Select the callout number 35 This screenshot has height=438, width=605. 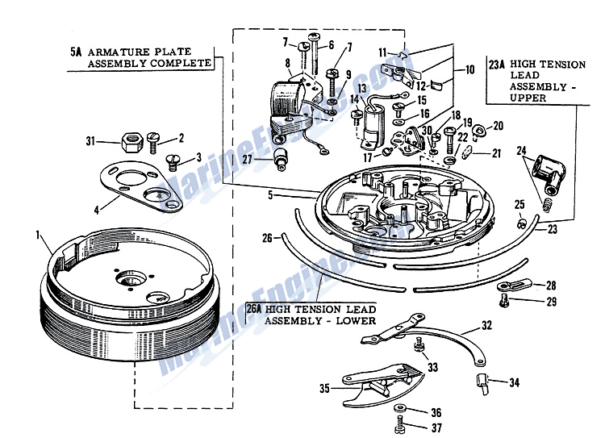(x=324, y=389)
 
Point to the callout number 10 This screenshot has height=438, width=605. (x=469, y=70)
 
